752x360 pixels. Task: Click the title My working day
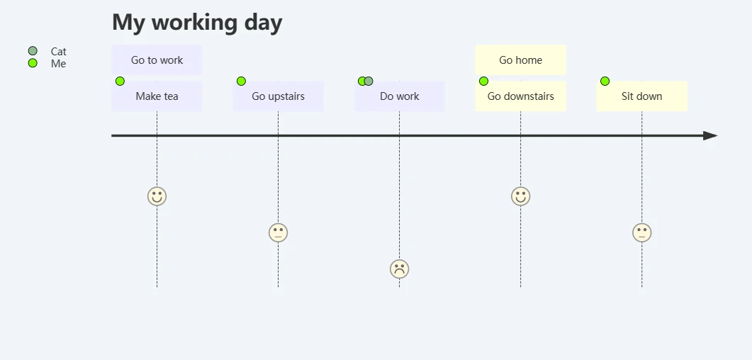point(197,23)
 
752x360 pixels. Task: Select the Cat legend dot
point(33,51)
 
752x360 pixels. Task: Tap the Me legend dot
point(33,63)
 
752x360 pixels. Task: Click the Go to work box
point(157,60)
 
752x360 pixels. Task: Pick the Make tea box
point(157,96)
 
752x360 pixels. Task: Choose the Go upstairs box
point(278,96)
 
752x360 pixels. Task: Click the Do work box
point(400,96)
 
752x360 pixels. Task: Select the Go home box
point(520,60)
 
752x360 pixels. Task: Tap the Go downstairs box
point(520,96)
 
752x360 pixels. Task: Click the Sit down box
point(641,96)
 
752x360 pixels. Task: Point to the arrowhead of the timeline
point(710,135)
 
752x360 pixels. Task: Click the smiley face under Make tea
point(157,196)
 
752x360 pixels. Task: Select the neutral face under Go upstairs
point(278,233)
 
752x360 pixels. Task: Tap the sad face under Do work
point(400,269)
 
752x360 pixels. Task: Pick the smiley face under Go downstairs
point(520,196)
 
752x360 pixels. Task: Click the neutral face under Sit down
point(641,233)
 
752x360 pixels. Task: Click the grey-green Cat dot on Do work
point(369,81)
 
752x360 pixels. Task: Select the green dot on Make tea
point(120,81)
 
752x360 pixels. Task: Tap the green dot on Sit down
point(605,81)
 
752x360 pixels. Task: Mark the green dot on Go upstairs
point(241,81)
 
